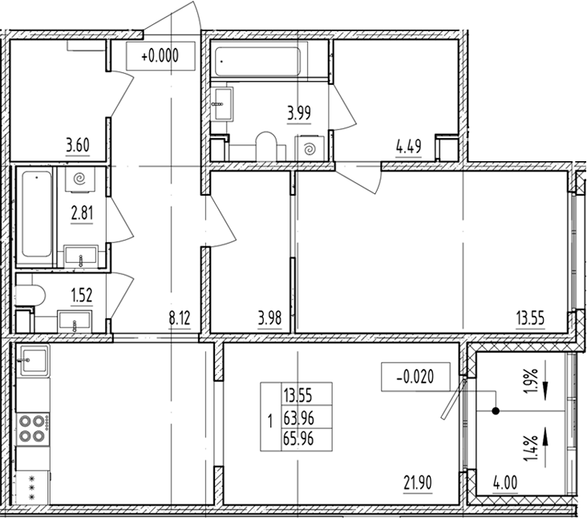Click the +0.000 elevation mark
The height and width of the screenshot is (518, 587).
160,56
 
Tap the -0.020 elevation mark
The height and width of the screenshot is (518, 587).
415,377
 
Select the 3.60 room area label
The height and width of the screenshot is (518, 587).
78,145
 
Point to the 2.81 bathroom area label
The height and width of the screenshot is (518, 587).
82,213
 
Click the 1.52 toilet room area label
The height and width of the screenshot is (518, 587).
82,295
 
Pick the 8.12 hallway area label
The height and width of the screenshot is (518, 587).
180,318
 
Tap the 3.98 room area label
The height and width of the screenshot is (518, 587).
269,318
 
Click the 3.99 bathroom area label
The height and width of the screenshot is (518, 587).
299,112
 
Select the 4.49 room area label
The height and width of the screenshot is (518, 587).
408,147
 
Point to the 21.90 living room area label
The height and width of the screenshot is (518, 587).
418,483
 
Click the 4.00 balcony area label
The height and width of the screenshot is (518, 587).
505,483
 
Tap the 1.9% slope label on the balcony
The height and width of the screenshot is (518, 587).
531,380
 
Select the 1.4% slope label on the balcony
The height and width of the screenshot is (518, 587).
531,448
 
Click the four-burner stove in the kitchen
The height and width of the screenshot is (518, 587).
33,429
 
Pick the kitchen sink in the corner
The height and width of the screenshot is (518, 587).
33,360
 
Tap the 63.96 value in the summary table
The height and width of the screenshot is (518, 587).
298,418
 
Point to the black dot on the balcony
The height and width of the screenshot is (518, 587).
496,411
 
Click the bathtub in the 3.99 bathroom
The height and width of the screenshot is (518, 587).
257,62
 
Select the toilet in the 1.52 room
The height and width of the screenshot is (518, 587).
30,296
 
